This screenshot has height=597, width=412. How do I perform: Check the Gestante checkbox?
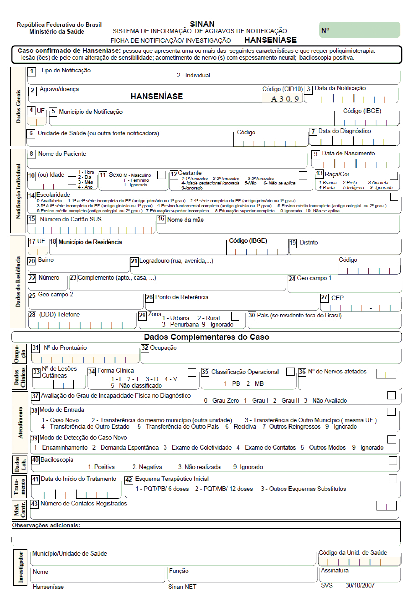tap(303, 175)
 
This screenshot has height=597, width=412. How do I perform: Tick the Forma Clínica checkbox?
tap(192, 372)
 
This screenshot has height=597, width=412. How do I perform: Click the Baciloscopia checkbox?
tap(393, 460)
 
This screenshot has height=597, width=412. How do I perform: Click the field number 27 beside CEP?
tap(324, 298)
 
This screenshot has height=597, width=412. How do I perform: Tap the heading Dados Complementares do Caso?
tap(207, 337)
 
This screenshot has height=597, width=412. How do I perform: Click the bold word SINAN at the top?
tap(202, 24)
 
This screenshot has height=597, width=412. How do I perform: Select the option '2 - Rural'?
tap(208, 318)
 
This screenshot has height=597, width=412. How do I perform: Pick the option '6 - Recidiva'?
tap(240, 426)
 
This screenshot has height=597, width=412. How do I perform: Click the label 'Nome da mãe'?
tap(185, 220)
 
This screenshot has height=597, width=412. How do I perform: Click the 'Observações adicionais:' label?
tap(46, 525)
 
